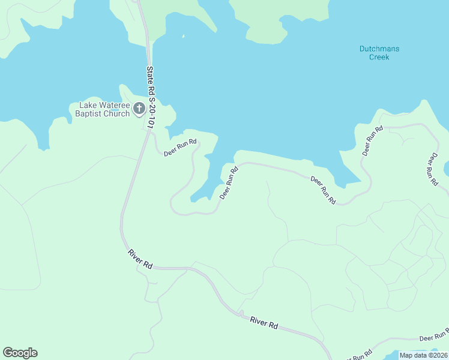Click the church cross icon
click(x=139, y=109)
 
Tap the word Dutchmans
click(x=379, y=49)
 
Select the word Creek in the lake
click(x=379, y=57)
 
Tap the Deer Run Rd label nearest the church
click(x=181, y=148)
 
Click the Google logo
click(x=20, y=353)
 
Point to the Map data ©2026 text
click(x=423, y=355)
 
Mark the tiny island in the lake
click(x=183, y=37)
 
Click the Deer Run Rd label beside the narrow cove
click(x=229, y=183)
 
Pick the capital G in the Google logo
click(x=8, y=353)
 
